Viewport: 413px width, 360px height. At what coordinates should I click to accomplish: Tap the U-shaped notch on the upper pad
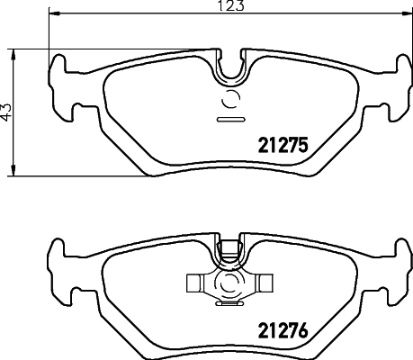coord(233,66)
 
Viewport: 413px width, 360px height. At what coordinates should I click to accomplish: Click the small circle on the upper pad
coord(230,100)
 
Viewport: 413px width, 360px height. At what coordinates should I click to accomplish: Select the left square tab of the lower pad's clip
coord(197,285)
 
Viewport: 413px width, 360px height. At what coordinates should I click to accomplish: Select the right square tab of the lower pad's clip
coord(265,285)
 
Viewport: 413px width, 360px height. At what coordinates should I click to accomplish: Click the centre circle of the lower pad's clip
coord(230,285)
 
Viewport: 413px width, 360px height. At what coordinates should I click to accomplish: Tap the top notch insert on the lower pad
coord(230,247)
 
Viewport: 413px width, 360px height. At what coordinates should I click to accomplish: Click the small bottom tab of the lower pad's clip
coord(230,305)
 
